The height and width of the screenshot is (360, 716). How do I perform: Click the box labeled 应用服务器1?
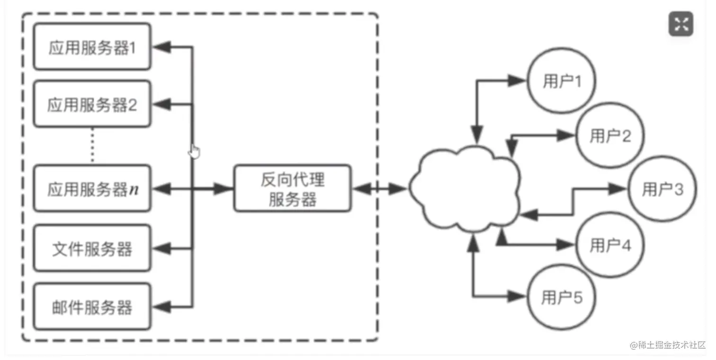[92, 47]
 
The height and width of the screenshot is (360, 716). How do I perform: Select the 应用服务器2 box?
[92, 105]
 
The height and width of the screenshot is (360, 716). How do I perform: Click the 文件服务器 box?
[92, 248]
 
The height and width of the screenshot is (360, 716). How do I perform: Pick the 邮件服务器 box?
[92, 307]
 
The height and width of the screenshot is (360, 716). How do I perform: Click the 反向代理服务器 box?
[293, 189]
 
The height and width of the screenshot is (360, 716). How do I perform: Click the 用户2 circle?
[610, 136]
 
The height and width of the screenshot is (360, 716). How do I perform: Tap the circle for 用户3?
[662, 189]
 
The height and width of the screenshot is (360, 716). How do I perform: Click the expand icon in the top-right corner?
[680, 24]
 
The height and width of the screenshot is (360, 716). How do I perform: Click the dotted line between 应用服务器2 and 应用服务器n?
[92, 146]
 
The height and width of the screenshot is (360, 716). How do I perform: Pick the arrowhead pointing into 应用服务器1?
[163, 46]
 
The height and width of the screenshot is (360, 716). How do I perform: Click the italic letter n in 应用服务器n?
[134, 189]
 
